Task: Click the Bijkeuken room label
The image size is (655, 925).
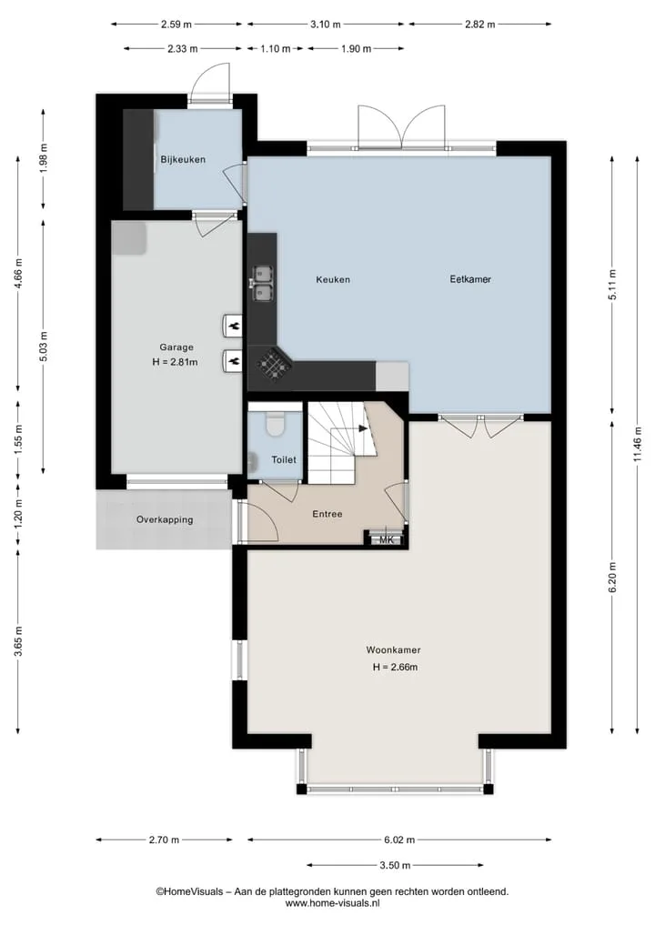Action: (x=183, y=159)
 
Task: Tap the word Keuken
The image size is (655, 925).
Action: (x=333, y=279)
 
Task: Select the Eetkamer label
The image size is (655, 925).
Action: (x=470, y=279)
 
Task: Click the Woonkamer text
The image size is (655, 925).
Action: (x=394, y=650)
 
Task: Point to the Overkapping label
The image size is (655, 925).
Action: (x=165, y=519)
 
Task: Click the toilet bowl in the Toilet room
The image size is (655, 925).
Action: (x=275, y=423)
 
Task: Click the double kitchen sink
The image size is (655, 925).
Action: (x=263, y=284)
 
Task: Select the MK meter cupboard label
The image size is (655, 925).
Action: (x=386, y=539)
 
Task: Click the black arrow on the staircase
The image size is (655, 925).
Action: (x=362, y=429)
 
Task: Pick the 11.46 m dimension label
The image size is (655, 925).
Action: (x=638, y=446)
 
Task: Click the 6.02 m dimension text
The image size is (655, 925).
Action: (x=399, y=840)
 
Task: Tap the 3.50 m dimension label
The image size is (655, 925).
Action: (x=395, y=865)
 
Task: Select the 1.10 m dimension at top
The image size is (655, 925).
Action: (x=276, y=49)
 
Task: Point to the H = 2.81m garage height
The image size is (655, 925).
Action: (x=175, y=362)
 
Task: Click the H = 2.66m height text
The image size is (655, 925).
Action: (x=396, y=668)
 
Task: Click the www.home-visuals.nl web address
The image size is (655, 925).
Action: (x=332, y=902)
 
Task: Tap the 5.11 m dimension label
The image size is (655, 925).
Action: (x=612, y=285)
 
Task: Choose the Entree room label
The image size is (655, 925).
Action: (x=327, y=514)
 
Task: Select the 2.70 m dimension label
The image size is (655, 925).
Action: (x=164, y=840)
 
